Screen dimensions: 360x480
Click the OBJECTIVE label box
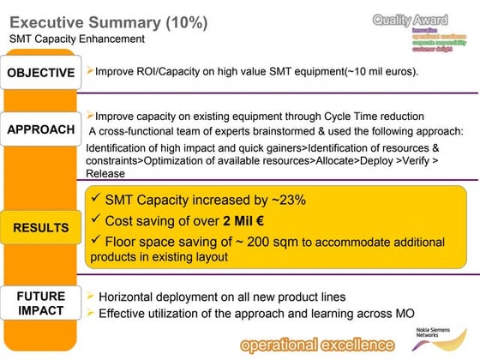click(x=41, y=73)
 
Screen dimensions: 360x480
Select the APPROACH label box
click(x=41, y=130)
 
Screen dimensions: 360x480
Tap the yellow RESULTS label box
click(x=40, y=228)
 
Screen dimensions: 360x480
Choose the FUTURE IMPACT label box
click(x=40, y=303)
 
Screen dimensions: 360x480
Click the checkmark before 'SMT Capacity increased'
click(x=94, y=200)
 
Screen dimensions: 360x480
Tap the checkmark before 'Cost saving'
click(x=94, y=219)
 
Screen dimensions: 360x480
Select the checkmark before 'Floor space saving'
click(x=94, y=239)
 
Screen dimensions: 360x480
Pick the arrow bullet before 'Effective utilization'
click(x=91, y=313)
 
